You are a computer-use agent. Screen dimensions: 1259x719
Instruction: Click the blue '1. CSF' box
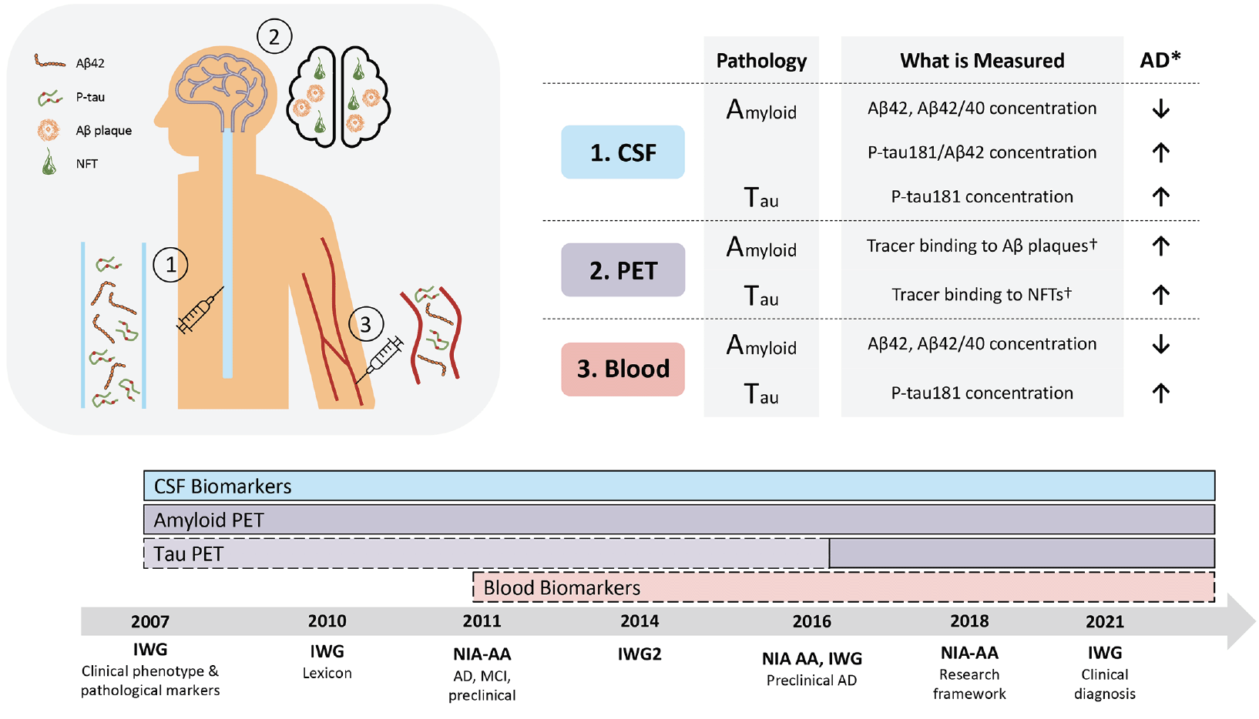tap(623, 152)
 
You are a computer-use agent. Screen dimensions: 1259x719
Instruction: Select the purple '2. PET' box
tap(623, 270)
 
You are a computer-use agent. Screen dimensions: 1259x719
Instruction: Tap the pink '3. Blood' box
tap(623, 369)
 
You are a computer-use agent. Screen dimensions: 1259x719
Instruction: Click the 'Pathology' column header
tap(761, 61)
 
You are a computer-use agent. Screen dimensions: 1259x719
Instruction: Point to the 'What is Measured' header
tap(982, 61)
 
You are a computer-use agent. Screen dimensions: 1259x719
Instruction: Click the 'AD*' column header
tap(1160, 59)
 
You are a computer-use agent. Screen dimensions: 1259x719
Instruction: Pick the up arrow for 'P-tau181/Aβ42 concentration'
tap(1160, 152)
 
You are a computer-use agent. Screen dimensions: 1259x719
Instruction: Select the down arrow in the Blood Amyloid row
tap(1160, 344)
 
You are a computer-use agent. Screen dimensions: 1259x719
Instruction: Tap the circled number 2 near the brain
tap(274, 37)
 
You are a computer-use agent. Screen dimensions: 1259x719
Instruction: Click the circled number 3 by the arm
tap(366, 325)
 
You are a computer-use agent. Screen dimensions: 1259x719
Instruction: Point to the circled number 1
tap(170, 265)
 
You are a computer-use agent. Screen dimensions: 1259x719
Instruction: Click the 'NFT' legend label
tap(86, 164)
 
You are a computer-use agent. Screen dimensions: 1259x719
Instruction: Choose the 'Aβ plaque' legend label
tap(103, 131)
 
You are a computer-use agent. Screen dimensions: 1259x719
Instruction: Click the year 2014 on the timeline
tap(640, 621)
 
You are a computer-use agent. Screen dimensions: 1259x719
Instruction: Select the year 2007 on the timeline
tap(150, 622)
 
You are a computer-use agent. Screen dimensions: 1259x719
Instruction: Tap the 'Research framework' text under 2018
tap(969, 684)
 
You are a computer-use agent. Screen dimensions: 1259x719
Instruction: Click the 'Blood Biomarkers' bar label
tap(562, 587)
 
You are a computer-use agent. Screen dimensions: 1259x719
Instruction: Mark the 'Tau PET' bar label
tap(188, 553)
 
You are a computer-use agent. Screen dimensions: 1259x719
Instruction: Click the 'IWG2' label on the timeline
tap(640, 654)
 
